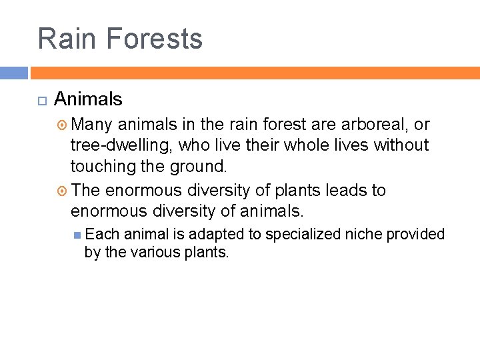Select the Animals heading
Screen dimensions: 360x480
[x=88, y=99]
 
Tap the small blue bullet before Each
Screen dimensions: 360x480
[x=78, y=235]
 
